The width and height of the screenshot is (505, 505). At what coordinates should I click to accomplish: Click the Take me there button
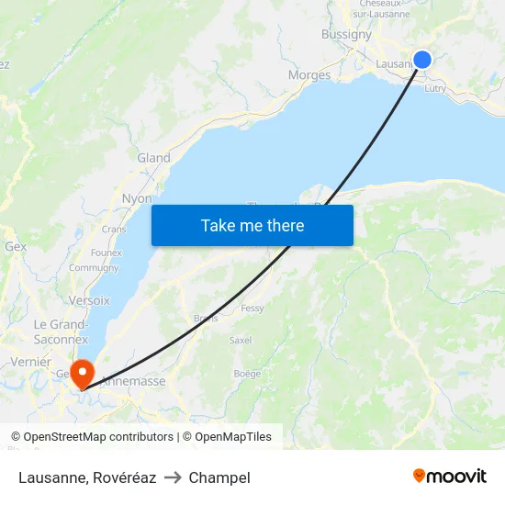(252, 225)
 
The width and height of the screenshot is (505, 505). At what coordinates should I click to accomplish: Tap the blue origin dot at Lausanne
(422, 60)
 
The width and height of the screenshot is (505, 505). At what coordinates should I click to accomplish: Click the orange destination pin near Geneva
(83, 373)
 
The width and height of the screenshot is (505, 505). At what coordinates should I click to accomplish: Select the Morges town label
(309, 75)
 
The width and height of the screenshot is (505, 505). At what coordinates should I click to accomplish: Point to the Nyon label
(137, 198)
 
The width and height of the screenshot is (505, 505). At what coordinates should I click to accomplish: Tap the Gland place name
(153, 158)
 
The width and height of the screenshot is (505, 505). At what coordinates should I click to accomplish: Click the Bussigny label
(346, 35)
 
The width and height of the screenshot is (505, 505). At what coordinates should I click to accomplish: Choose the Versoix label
(89, 300)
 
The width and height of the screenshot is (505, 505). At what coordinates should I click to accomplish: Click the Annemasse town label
(132, 381)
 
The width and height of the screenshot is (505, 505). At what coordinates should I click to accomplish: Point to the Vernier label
(32, 362)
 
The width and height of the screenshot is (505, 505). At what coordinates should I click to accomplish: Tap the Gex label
(16, 247)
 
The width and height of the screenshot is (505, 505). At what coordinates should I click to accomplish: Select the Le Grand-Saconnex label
(61, 332)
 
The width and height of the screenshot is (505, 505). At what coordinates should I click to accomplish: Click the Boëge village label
(247, 374)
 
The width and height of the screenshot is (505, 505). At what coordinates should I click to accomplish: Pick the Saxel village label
(241, 340)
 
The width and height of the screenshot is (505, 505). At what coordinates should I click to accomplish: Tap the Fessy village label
(252, 309)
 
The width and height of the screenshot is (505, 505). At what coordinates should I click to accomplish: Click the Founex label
(107, 252)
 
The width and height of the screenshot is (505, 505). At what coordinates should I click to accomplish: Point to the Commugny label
(94, 268)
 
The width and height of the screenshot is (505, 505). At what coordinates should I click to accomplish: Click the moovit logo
(449, 477)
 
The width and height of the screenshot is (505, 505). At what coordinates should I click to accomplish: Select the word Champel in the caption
(219, 477)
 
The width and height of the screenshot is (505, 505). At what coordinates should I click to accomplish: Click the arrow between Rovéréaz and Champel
(173, 477)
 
